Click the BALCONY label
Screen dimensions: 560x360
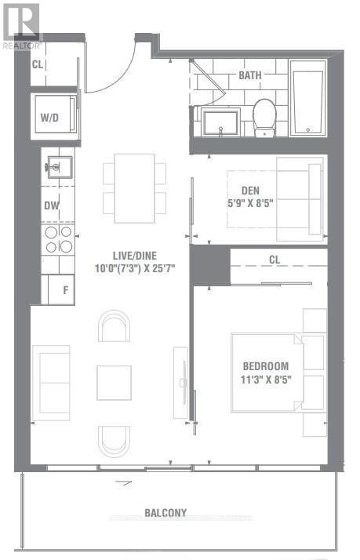click(165, 513)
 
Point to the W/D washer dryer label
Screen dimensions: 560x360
click(49, 118)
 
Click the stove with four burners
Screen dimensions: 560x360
click(58, 239)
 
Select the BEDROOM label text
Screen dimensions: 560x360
click(265, 365)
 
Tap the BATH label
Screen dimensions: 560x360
click(250, 75)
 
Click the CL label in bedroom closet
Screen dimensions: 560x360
click(274, 259)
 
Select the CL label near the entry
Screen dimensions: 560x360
click(37, 64)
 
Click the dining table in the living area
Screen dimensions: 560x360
click(134, 182)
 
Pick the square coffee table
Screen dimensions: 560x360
click(114, 383)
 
